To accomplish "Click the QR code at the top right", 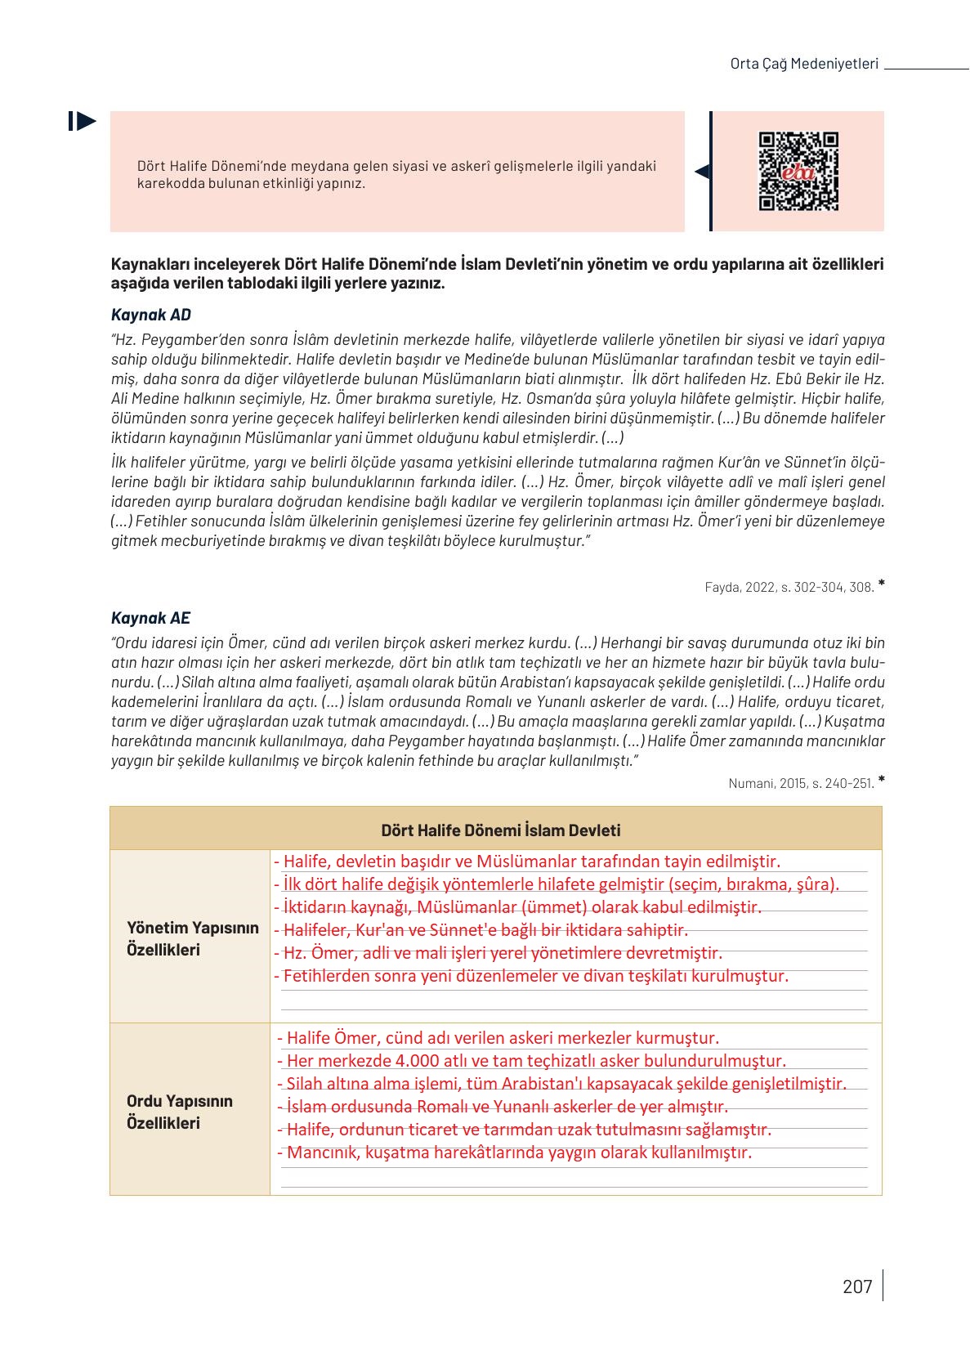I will (798, 172).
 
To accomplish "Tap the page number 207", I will (857, 1287).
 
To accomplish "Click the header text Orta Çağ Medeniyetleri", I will (803, 64).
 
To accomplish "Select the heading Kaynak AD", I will (150, 315).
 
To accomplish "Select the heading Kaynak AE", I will (150, 618).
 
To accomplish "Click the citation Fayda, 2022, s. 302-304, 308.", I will (789, 587).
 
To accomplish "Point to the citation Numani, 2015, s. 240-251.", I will (801, 783).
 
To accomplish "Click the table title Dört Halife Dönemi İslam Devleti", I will (500, 830).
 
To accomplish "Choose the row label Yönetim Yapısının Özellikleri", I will (192, 938).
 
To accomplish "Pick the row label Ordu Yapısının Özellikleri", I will (180, 1112).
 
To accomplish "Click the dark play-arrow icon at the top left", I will (83, 122).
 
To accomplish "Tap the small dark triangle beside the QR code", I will (701, 172).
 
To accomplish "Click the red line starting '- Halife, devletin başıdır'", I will (527, 861).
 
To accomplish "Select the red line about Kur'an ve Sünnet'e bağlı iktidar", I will (481, 930).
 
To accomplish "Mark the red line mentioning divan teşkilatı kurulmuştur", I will (531, 976).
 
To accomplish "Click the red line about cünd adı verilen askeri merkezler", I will (498, 1038).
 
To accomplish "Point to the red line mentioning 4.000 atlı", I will (531, 1061).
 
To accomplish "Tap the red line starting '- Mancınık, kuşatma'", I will (515, 1152).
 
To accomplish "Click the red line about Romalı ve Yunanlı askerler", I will (503, 1107).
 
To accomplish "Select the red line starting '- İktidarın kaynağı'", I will (517, 907).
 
